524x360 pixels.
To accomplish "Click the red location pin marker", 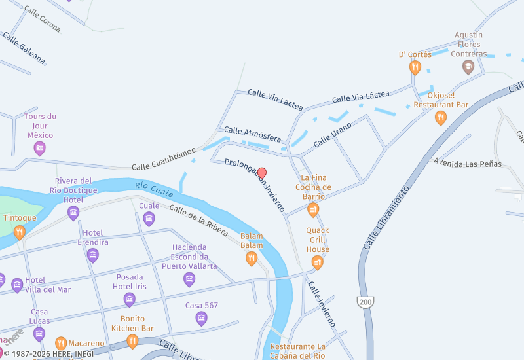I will click(262, 173).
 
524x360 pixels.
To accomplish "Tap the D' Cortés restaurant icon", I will click(415, 67).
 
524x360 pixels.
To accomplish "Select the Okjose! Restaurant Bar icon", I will click(441, 118).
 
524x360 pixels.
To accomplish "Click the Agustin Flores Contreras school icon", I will click(468, 67).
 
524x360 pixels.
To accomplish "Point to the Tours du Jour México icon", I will click(40, 149).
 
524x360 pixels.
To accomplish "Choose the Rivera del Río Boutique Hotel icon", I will click(73, 213).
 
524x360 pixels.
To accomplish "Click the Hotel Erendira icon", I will click(92, 255).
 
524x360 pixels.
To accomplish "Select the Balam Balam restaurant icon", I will click(251, 259).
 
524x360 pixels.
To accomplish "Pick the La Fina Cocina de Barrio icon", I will click(313, 209).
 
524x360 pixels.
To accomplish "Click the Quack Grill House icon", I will click(318, 262).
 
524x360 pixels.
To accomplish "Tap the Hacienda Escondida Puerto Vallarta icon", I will click(189, 279).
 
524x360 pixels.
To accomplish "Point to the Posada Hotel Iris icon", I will click(129, 300).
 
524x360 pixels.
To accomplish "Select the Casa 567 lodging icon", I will click(201, 319).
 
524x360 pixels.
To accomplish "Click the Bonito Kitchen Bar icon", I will click(132, 341).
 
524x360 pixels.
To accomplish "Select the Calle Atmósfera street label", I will click(252, 135).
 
